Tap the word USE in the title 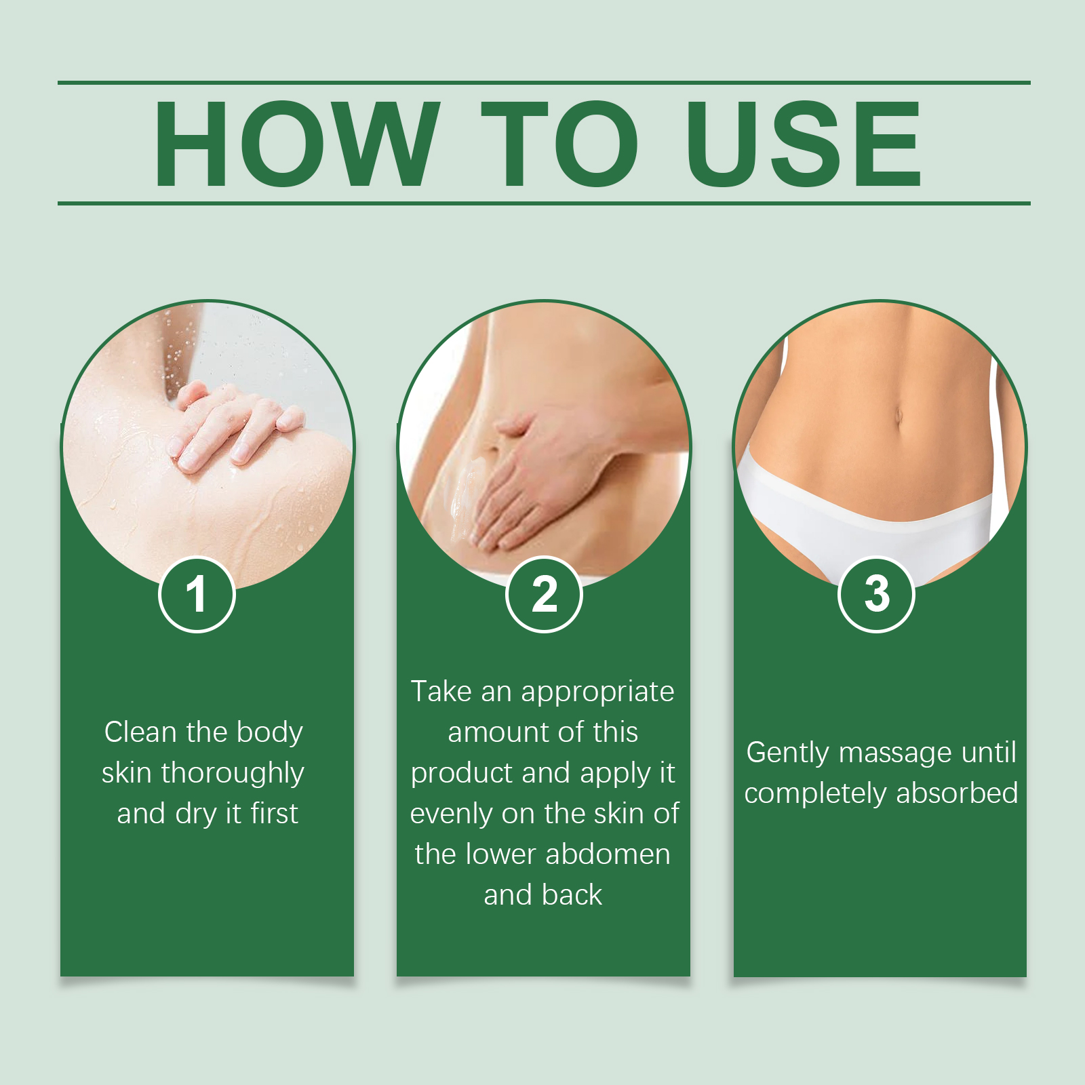point(804,143)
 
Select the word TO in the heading point(559,143)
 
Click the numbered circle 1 point(197,594)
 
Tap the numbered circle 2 point(544,594)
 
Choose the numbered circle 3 point(877,594)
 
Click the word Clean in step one point(141,732)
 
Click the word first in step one point(274,813)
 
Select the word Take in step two point(441,692)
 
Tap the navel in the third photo point(898,415)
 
